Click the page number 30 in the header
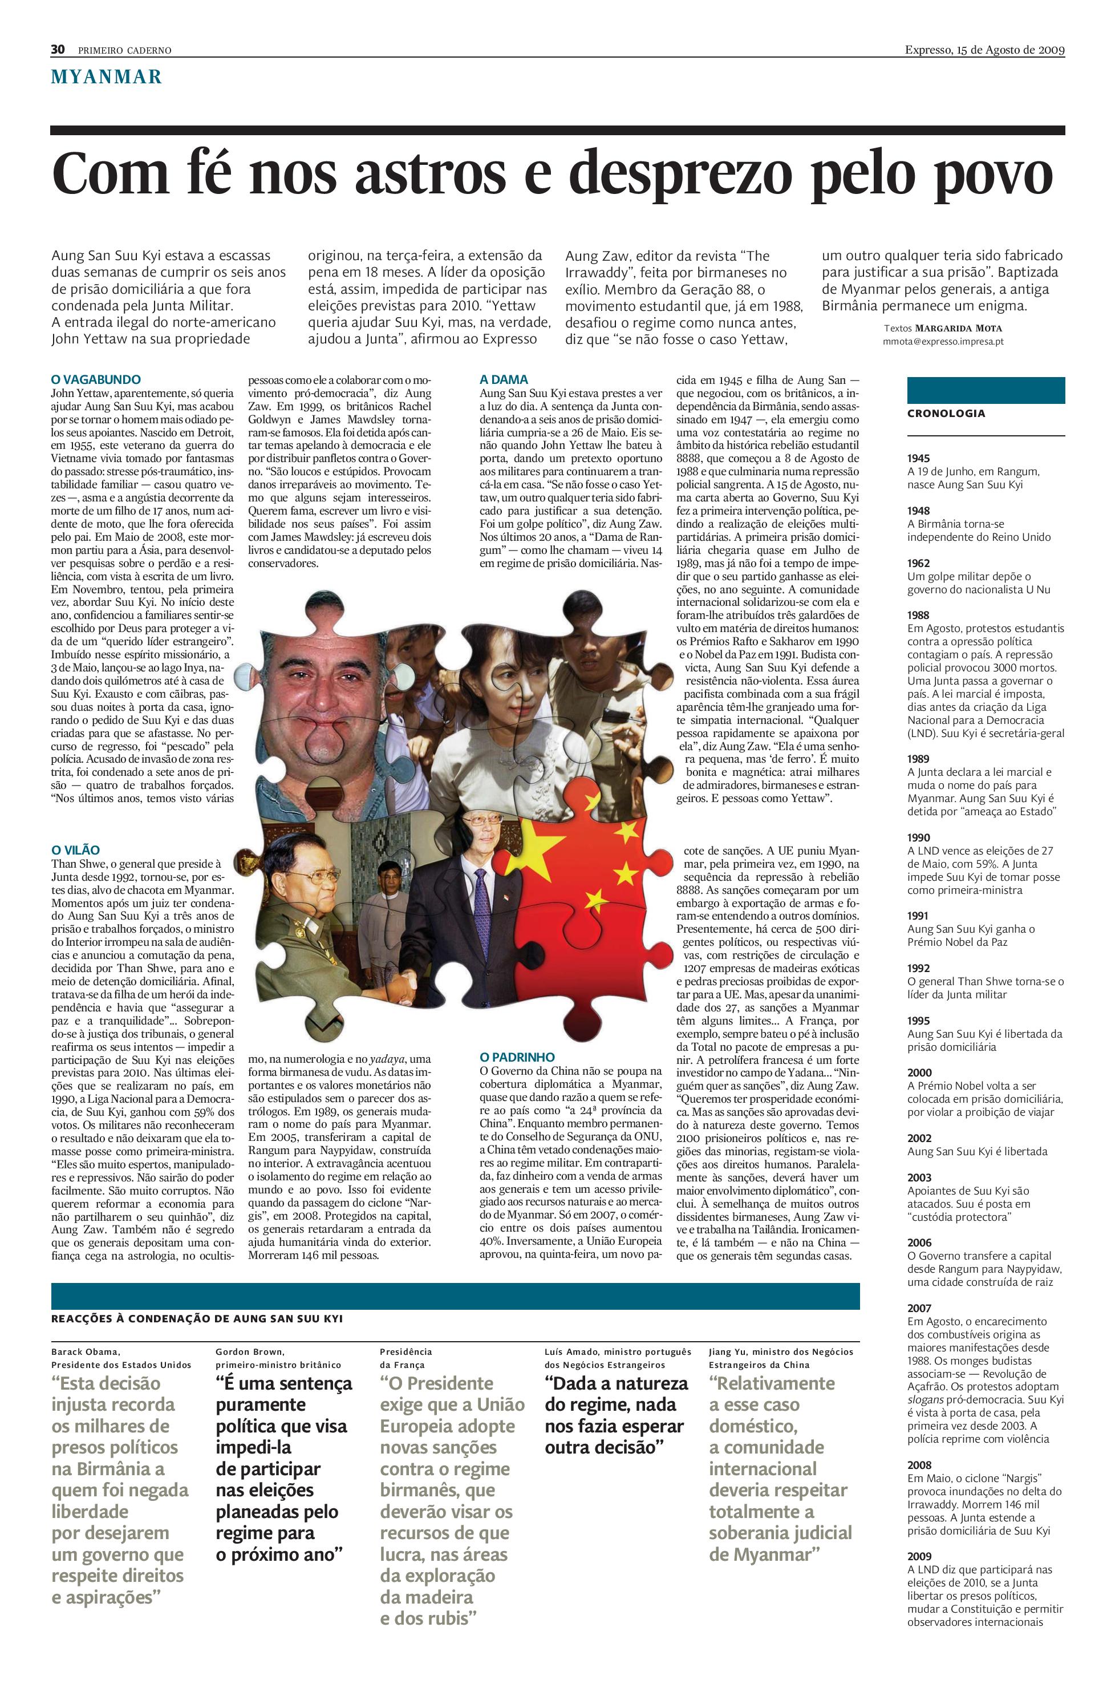pos(58,49)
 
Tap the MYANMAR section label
pos(106,76)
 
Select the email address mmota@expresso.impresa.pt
pos(942,341)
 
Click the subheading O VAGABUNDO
pos(96,379)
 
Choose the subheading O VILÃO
pos(76,850)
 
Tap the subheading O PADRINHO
pos(517,1056)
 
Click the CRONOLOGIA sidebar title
pos(946,413)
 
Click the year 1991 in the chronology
pos(918,916)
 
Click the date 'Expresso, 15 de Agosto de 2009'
pos(984,50)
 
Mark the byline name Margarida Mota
pos(958,328)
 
